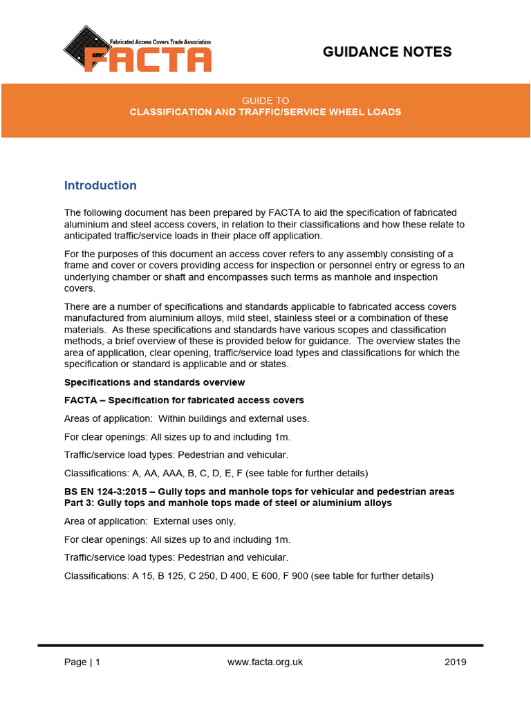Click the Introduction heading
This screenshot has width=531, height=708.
click(x=100, y=185)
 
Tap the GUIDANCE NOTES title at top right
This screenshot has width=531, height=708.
click(x=387, y=52)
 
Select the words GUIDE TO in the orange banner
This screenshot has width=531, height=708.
click(x=265, y=100)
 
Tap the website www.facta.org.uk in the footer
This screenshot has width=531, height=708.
click(x=265, y=662)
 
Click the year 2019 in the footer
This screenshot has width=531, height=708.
click(x=455, y=662)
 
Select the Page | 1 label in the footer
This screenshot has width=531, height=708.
click(x=82, y=662)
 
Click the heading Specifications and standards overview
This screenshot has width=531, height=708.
click(x=154, y=382)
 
